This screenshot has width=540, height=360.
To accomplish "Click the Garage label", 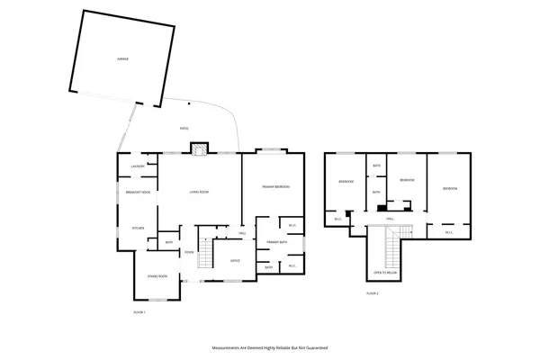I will (x=122, y=58).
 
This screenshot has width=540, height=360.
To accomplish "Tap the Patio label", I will (x=184, y=129).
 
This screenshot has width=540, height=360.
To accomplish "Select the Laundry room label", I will (x=138, y=166).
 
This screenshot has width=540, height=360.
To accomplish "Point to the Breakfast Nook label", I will (x=139, y=192).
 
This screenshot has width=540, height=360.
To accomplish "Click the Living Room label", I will (x=199, y=192).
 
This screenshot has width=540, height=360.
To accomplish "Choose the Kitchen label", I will (x=139, y=228).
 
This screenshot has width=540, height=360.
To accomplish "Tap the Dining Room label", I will (x=157, y=275).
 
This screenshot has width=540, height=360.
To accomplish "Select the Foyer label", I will (x=189, y=252).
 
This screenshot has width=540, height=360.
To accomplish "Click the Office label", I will (x=235, y=261).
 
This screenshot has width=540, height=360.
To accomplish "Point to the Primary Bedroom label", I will (x=275, y=186).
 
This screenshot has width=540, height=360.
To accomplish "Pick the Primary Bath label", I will (x=276, y=242).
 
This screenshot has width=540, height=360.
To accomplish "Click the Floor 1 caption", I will (x=139, y=311).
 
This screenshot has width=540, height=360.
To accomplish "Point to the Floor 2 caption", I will (x=373, y=293).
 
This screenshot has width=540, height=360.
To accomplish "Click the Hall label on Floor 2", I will (x=390, y=218).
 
